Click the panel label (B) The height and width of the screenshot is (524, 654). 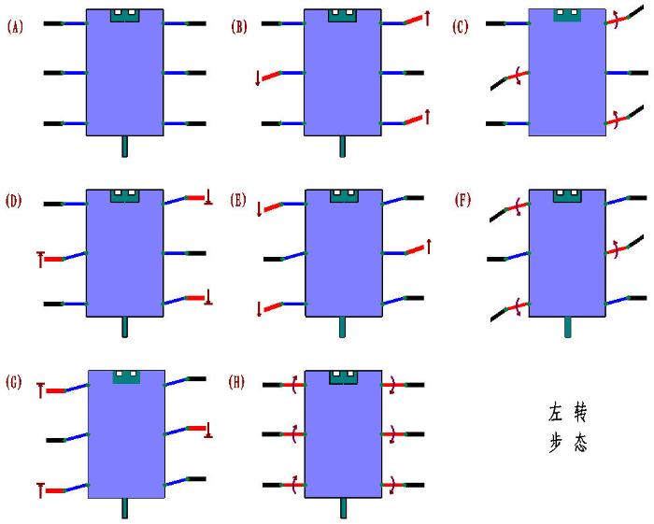[x=239, y=27]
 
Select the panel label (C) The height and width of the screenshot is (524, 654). [x=460, y=27]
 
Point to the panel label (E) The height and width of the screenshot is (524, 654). [x=239, y=200]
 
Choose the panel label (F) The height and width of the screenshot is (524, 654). [x=460, y=200]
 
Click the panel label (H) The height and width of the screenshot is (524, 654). [x=239, y=380]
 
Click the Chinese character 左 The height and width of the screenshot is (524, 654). [x=556, y=412]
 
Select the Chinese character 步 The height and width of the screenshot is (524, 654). [x=556, y=444]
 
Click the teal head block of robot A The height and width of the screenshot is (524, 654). [x=124, y=15]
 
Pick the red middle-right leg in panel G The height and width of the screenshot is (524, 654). [x=197, y=428]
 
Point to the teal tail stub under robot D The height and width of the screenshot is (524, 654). [x=124, y=326]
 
